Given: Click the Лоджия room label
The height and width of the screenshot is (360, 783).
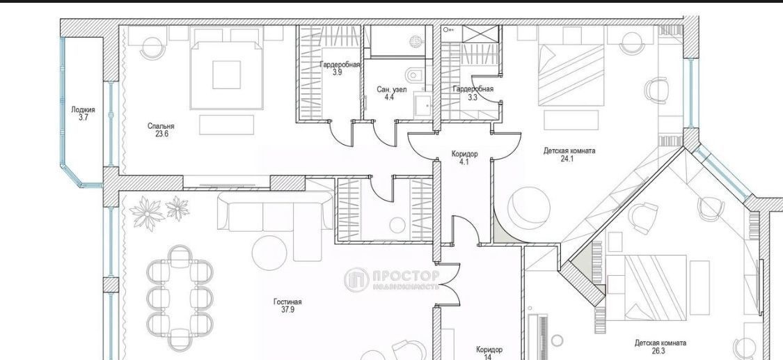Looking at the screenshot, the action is tap(83, 110).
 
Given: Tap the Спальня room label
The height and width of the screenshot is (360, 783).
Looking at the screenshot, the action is tap(161, 126).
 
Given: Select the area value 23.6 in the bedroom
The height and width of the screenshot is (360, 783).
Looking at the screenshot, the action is tap(161, 134).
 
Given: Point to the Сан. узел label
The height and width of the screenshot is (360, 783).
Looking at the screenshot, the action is tap(391, 90).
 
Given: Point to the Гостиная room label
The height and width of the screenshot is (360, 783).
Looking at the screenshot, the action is tap(287, 302).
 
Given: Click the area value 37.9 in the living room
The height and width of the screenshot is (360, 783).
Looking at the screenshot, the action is tap(288, 310).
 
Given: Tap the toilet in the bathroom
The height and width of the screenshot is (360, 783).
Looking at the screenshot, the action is tap(416, 76).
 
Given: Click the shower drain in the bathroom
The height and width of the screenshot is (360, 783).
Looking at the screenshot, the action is tap(416, 40).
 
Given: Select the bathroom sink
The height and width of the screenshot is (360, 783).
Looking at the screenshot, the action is tap(422, 105).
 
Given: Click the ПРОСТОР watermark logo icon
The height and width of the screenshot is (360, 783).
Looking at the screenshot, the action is tap(356, 280).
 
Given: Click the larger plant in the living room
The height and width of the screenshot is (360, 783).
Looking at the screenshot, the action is tap(148, 213).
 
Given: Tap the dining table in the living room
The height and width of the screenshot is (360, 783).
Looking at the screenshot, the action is tap(180, 298).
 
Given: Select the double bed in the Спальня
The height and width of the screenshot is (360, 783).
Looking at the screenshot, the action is tap(227, 75).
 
